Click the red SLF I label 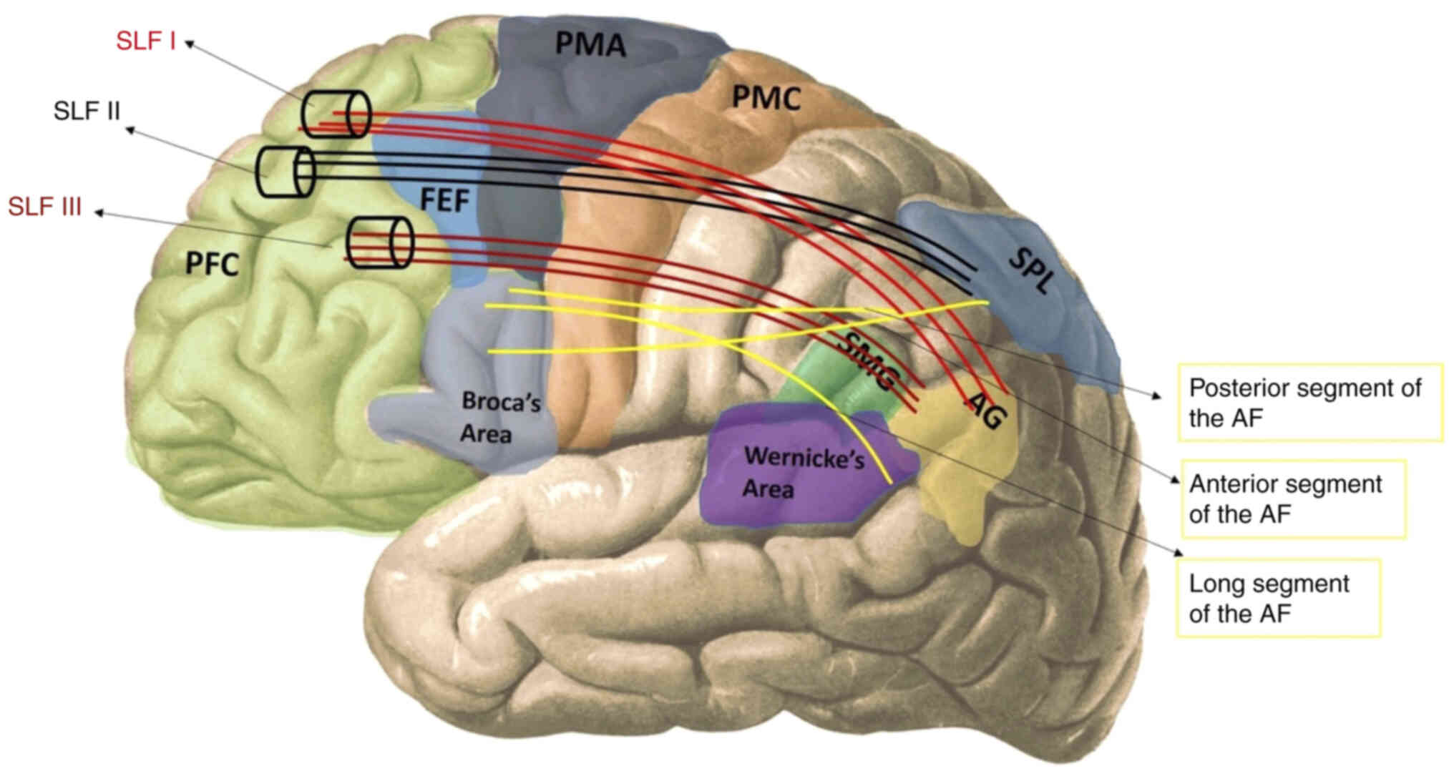145,41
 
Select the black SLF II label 87,111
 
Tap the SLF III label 44,207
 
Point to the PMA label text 590,44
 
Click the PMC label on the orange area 766,98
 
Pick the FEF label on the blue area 444,200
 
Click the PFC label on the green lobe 212,264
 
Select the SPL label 1031,271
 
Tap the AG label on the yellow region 986,411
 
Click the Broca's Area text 499,418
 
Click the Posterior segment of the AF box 1309,403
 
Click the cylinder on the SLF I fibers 336,114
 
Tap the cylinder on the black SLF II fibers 286,172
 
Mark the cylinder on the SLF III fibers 380,243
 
